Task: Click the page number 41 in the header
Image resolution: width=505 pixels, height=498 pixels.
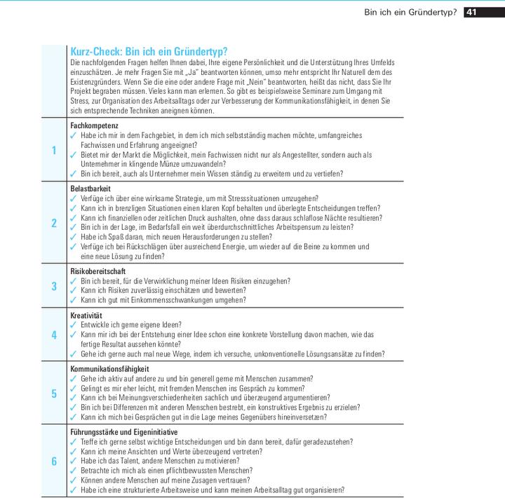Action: (471, 12)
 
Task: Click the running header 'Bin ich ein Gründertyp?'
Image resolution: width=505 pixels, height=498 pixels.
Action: (410, 12)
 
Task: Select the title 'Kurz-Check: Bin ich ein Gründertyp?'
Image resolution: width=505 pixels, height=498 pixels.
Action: (149, 52)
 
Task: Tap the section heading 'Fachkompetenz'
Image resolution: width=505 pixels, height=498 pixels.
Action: (94, 125)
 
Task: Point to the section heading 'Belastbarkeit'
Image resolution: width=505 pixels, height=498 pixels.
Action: (91, 189)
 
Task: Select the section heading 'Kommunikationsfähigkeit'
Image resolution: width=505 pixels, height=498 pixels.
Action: (109, 368)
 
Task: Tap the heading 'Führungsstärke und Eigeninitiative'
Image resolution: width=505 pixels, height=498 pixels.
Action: (124, 431)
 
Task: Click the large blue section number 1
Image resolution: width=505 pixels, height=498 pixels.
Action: (54, 150)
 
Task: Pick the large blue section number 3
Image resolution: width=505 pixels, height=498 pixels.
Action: (54, 286)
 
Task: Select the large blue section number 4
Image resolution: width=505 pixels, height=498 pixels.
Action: (54, 334)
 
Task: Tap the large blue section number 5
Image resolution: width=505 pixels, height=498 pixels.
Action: (54, 393)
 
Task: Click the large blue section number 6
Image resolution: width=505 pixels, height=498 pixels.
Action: (54, 461)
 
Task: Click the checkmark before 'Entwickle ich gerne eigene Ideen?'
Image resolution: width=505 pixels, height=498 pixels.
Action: (74, 325)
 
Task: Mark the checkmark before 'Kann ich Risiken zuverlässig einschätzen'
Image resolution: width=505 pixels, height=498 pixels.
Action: (74, 290)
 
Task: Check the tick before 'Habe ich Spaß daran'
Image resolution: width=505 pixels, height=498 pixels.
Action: (74, 237)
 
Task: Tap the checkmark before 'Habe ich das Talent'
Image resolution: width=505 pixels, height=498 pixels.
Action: (74, 461)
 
